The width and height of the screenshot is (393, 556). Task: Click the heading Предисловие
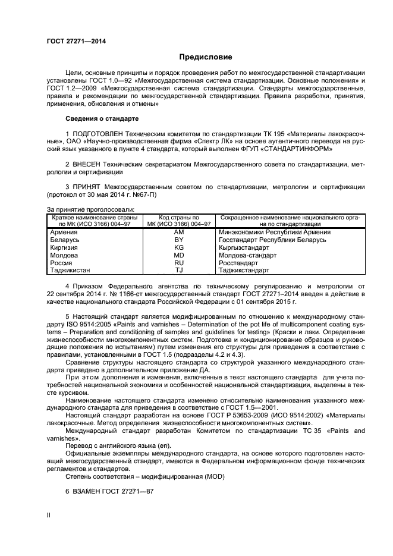[206, 58]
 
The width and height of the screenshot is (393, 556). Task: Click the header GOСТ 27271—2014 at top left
[72, 41]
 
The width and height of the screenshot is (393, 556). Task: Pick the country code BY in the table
[179, 240]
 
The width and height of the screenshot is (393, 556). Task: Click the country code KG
[179, 247]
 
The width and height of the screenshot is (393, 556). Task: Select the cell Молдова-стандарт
[248, 255]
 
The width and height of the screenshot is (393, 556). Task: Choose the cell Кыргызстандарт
[245, 247]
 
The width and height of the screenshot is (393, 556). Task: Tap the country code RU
[179, 263]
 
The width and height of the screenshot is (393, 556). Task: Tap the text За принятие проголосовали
[90, 209]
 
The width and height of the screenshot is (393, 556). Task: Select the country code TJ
[179, 271]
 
